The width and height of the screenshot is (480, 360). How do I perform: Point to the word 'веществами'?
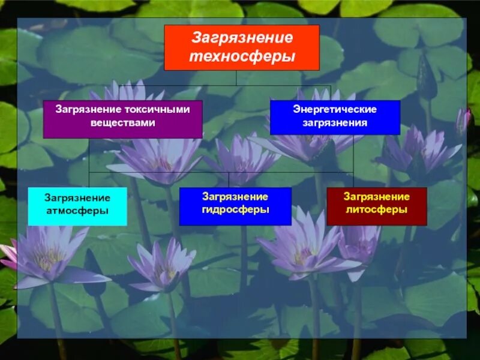tap(122, 122)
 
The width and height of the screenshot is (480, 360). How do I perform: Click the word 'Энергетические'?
tap(335, 110)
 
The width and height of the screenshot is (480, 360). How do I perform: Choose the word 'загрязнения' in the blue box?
tap(335, 122)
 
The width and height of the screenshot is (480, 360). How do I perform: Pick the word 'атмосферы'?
tap(77, 211)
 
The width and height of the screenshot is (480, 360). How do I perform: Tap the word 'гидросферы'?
tap(235, 210)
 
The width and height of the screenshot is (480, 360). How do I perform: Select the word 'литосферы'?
tap(376, 210)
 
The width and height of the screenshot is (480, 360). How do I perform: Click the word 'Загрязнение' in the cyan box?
tap(77, 198)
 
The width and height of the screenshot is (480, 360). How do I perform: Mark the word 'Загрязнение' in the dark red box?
tap(376, 197)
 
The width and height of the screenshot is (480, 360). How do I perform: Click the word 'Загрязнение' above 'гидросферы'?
tap(235, 197)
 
